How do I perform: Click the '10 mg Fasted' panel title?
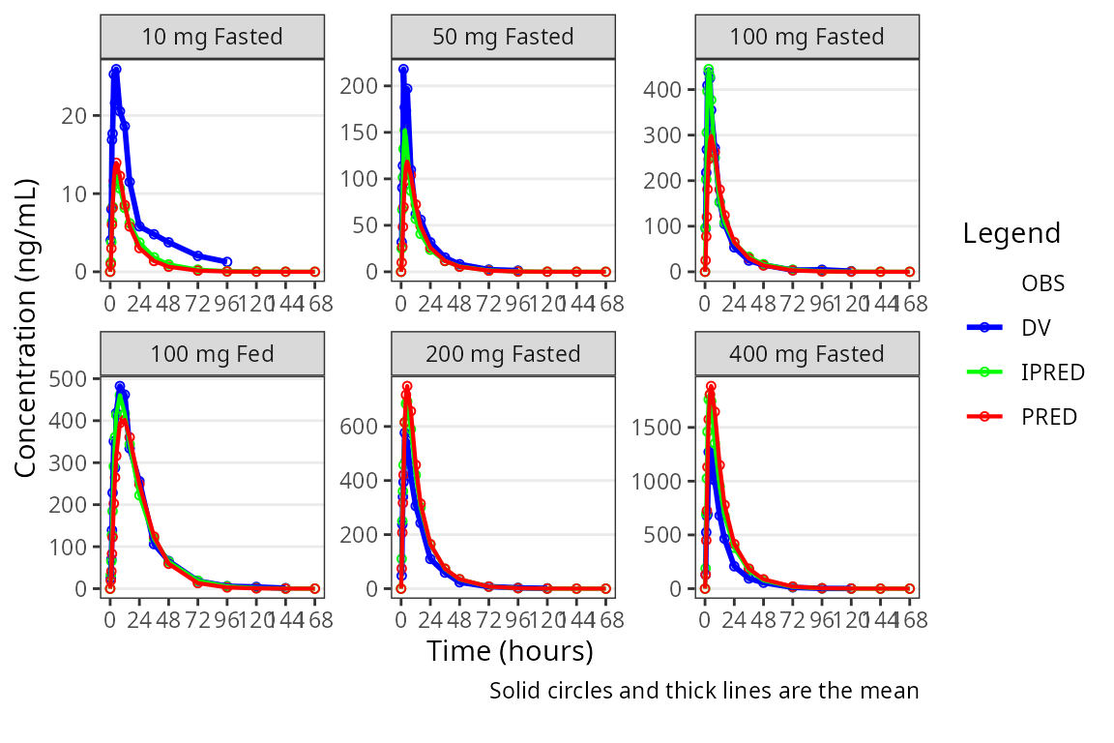tap(212, 37)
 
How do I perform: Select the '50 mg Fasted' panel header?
tap(502, 37)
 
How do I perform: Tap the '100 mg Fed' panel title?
tap(212, 354)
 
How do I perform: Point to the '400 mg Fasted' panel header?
tap(806, 354)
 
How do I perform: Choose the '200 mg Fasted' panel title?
tap(502, 354)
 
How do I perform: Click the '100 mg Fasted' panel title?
tap(806, 37)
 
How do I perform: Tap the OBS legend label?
tap(1042, 283)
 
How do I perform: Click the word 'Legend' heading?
tap(1011, 233)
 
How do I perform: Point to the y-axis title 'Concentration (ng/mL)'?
tap(26, 327)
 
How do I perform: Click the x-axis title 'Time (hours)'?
tap(510, 651)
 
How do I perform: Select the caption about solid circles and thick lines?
tap(703, 691)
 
